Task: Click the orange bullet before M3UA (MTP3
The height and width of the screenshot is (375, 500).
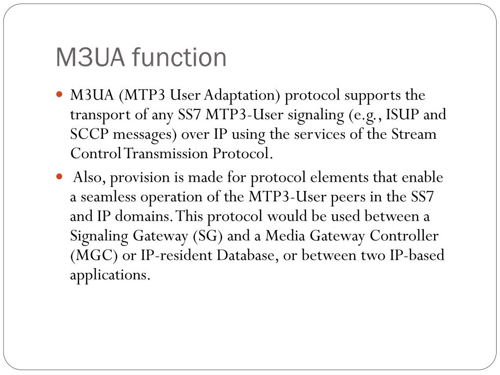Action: pos(60,93)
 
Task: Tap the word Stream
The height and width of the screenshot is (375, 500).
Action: pos(414,134)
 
